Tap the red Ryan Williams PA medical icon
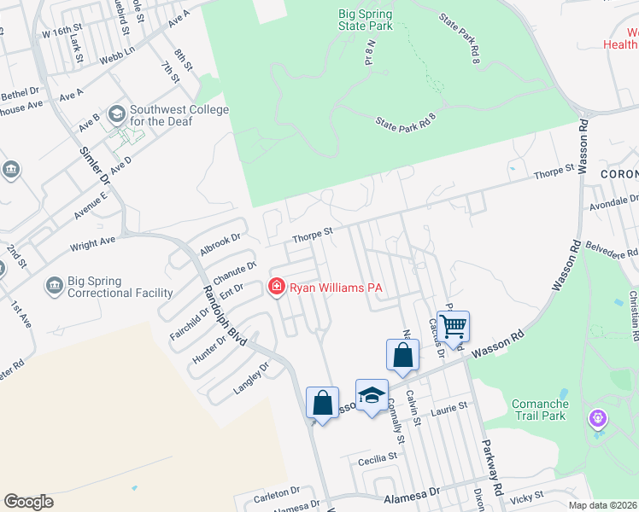[x=276, y=288]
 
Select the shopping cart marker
[x=454, y=325]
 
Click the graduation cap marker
[x=371, y=395]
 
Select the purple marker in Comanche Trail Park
[x=598, y=419]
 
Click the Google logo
[x=28, y=501]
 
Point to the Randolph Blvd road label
[x=224, y=315]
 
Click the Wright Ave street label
[x=92, y=243]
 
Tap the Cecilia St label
[x=378, y=458]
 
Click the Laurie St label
[x=451, y=408]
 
